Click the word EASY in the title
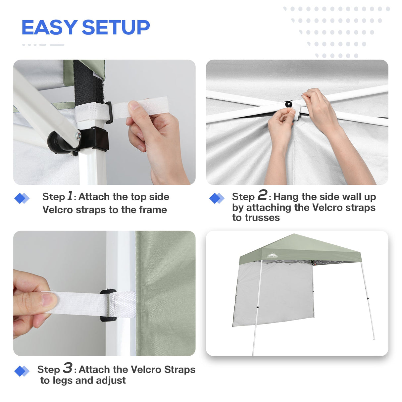49,27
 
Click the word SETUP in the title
116,27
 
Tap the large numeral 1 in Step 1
70,196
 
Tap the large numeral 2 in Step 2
262,195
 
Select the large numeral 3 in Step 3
68,368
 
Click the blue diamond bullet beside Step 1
22,198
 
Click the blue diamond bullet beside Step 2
217,198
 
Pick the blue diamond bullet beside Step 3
22,371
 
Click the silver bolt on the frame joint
78,135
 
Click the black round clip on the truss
289,104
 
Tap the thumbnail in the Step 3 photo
49,300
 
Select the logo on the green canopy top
272,255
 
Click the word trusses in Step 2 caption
256,218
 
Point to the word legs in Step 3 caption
63,380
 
